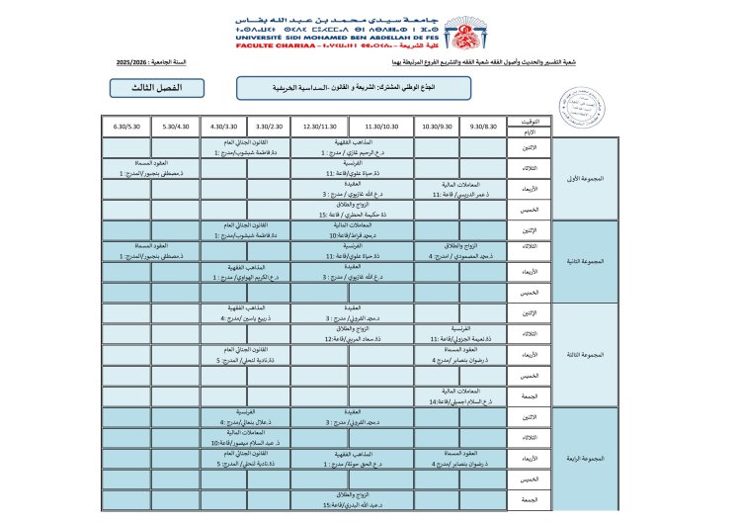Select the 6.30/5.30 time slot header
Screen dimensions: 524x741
(x=127, y=127)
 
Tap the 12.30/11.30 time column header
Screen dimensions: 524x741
(x=320, y=127)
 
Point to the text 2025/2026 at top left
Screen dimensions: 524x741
(x=127, y=62)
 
